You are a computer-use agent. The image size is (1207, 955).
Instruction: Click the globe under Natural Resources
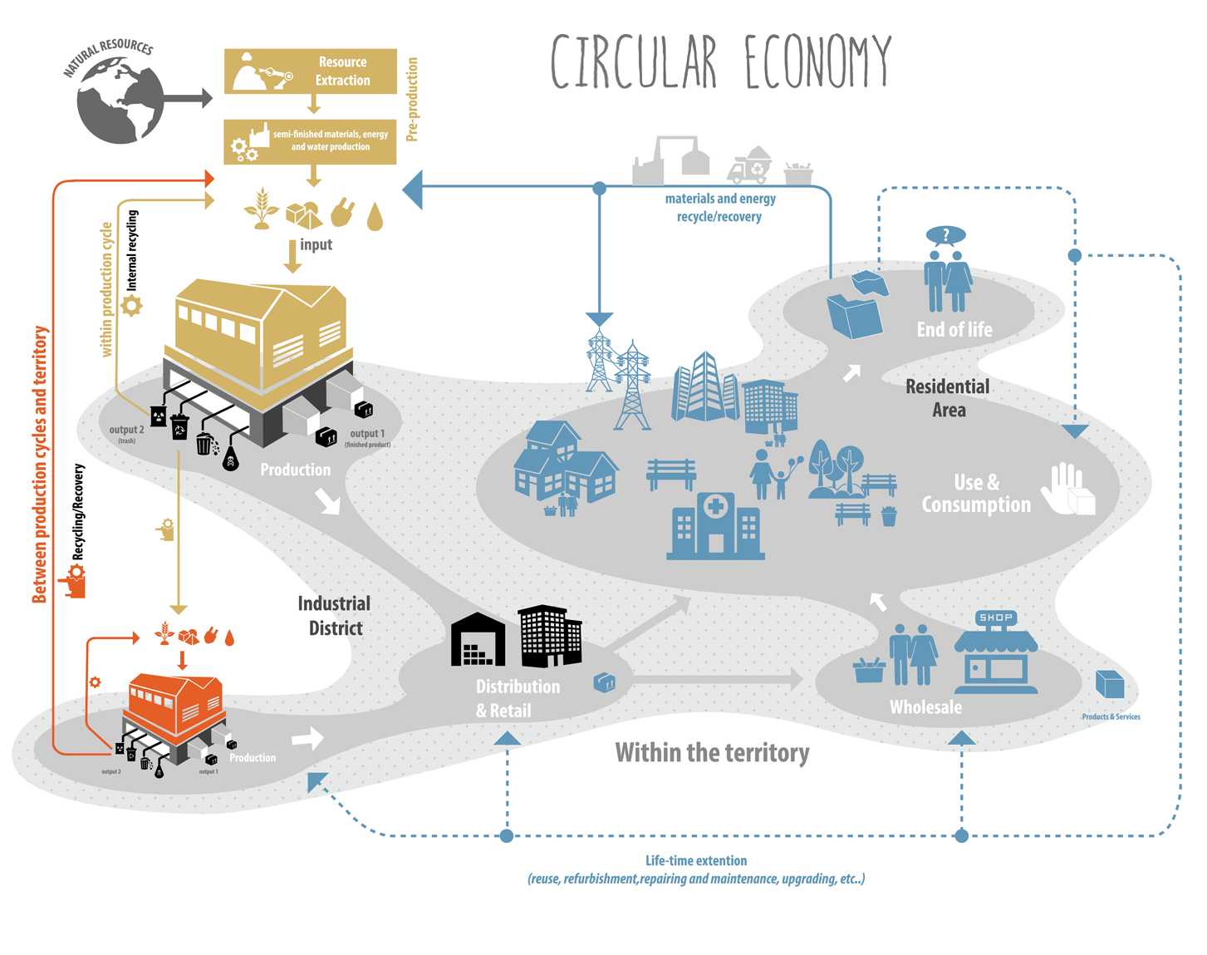pos(120,101)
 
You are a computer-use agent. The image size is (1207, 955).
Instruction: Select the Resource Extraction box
pos(310,71)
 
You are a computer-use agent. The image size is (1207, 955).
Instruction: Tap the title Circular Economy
pos(721,62)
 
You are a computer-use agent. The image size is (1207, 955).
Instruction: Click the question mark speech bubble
pos(945,236)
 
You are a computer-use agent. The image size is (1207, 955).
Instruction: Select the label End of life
pos(954,330)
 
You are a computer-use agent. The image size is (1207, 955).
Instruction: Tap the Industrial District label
pos(335,616)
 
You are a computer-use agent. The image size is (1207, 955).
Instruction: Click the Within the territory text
pos(712,753)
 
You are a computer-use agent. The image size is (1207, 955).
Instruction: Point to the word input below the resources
pos(316,244)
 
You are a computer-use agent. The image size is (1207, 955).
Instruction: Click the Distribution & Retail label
pos(517,698)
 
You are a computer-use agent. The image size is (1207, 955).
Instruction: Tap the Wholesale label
pos(925,707)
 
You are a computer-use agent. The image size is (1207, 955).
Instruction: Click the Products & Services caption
pos(1111,716)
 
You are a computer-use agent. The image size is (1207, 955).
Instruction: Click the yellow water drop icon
pos(375,216)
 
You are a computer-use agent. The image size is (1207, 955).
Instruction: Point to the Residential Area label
pos(948,398)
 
